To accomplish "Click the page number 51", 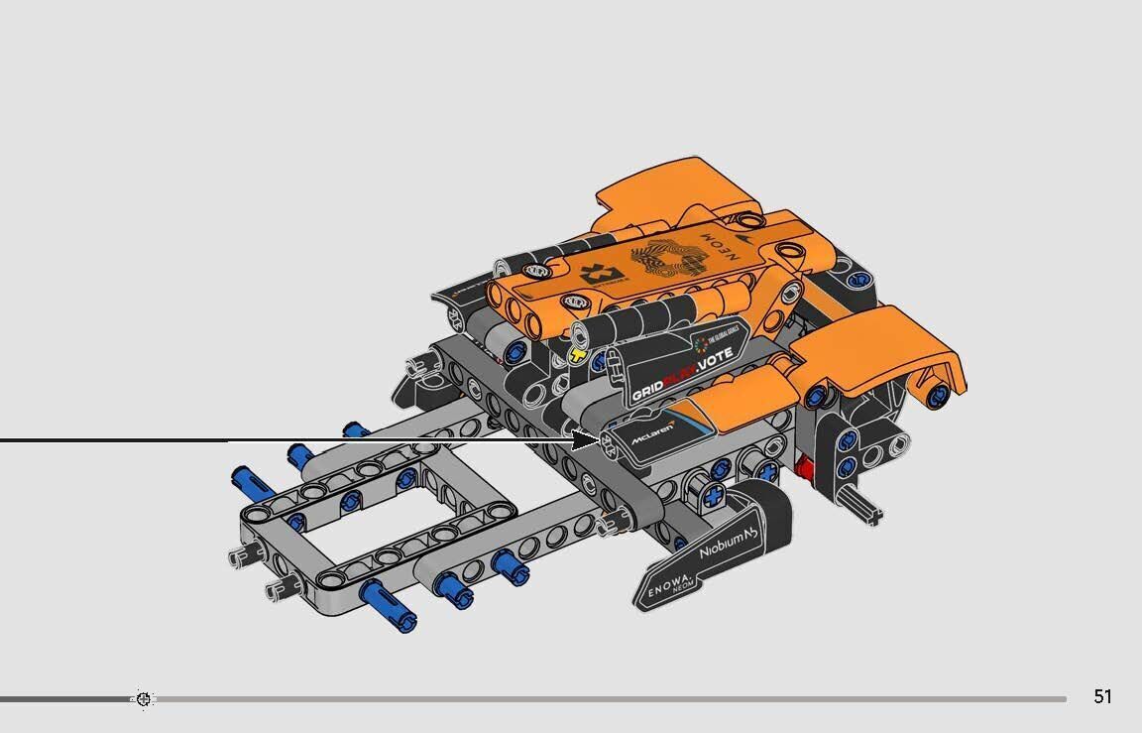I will point(1102,696).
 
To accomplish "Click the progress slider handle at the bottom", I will point(144,699).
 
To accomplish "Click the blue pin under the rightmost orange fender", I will point(935,395).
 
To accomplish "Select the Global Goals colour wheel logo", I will point(703,344).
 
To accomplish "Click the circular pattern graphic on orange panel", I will point(666,262).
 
